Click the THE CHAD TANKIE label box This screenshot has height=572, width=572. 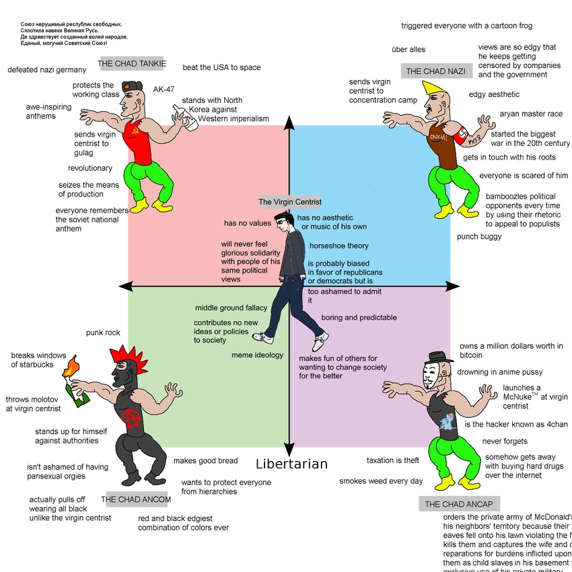[133, 64]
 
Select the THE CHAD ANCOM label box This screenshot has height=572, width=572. [136, 499]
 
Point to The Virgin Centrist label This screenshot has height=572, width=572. [290, 202]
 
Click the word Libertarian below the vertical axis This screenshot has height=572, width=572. [292, 464]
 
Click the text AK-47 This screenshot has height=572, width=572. [164, 89]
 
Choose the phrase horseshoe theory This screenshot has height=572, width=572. [339, 246]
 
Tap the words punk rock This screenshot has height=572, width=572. [103, 332]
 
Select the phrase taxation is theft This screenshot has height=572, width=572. [392, 460]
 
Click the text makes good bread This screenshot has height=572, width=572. [205, 460]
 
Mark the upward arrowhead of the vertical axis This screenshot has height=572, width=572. [289, 122]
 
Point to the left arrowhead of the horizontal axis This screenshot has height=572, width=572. [124, 287]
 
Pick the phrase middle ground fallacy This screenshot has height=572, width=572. [231, 308]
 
